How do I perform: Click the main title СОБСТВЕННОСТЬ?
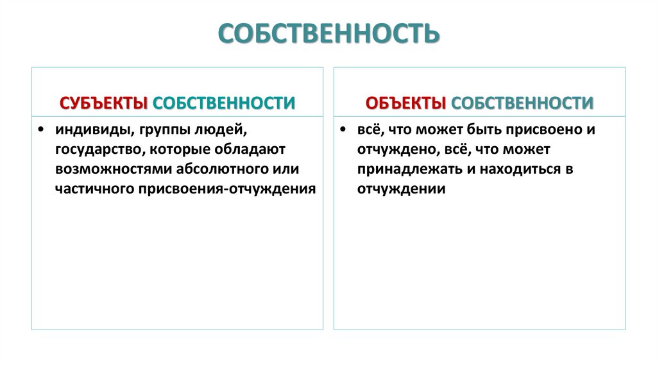328,34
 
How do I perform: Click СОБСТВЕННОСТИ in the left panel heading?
225,103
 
